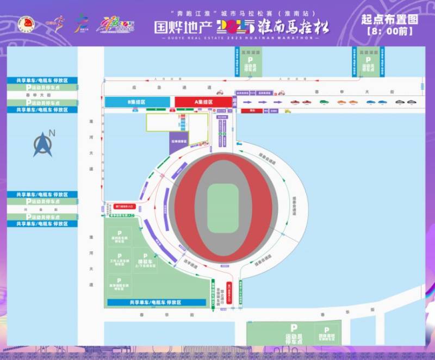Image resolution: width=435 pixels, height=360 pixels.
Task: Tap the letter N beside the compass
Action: coord(52,133)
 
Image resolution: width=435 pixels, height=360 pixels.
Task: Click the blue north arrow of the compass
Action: coord(43,144)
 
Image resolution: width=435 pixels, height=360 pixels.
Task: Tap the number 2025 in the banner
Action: coord(234,26)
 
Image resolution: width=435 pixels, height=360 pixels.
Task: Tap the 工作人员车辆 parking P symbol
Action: coord(119,255)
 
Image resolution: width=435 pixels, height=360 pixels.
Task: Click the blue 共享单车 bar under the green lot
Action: coord(155,302)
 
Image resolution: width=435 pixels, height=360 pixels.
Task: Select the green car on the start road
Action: coord(324,102)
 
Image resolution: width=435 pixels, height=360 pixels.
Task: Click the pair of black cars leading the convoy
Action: coord(406,102)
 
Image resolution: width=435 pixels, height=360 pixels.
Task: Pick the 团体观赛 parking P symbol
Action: coord(326,330)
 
